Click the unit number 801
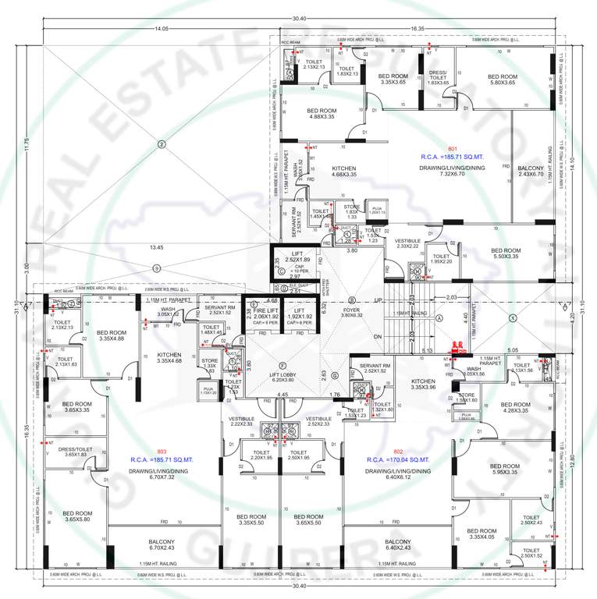(452, 148)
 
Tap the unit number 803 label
(162, 452)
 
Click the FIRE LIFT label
(266, 311)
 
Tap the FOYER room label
(351, 310)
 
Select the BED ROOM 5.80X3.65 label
(502, 80)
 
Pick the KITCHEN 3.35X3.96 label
(424, 383)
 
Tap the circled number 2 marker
(161, 144)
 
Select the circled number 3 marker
(156, 268)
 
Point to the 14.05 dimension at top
(162, 29)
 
